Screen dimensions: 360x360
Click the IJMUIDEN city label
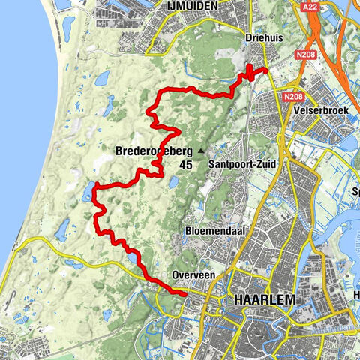point(191,7)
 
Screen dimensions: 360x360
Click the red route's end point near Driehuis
point(266,70)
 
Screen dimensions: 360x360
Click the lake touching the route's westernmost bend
point(89,190)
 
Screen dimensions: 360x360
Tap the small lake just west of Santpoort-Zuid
point(174,181)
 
